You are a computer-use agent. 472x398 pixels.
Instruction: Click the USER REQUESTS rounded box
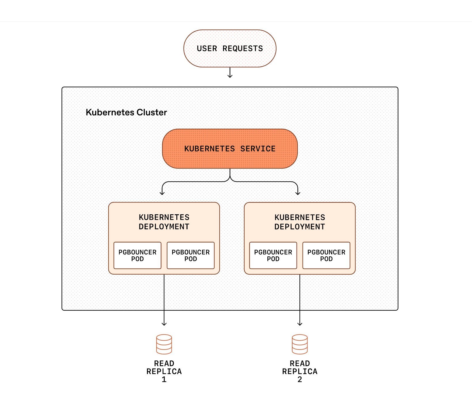230,48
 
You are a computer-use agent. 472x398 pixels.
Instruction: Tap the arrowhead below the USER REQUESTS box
230,76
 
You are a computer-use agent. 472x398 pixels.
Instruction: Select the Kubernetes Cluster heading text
126,112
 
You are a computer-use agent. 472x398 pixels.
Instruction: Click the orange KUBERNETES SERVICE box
230,149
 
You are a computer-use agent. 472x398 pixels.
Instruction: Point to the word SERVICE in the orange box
258,149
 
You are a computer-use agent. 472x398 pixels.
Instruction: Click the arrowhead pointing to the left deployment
162,193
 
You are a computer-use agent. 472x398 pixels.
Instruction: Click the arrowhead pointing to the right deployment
298,193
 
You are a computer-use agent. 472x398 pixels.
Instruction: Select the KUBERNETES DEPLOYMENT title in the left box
164,222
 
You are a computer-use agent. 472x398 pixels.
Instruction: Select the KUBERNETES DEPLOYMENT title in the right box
300,222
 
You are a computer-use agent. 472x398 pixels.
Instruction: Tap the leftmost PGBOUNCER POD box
137,256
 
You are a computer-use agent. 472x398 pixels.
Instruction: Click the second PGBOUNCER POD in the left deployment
190,256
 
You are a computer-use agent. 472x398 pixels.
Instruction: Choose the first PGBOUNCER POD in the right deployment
273,256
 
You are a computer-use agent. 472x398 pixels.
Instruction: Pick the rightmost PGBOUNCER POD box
326,256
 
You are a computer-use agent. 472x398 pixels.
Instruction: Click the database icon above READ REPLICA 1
164,344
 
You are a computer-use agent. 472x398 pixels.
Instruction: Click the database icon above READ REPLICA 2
300,344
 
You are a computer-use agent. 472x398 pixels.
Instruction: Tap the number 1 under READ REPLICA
164,380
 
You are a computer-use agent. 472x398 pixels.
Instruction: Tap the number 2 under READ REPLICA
300,380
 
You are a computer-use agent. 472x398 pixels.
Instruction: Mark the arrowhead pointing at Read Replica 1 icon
164,324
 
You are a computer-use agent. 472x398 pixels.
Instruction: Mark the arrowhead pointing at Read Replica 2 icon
300,324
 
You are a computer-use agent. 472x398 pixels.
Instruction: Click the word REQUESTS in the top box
243,48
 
